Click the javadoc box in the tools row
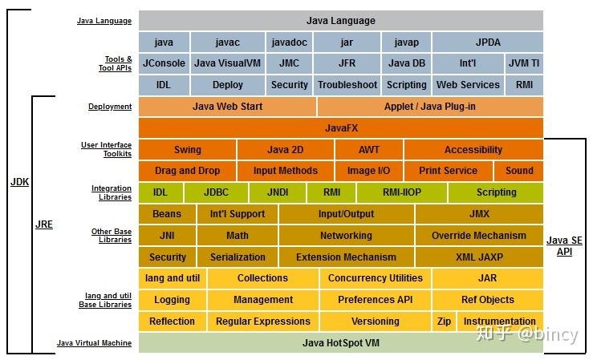click(288, 42)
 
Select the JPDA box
click(487, 42)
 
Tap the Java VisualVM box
click(228, 63)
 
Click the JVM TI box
click(524, 63)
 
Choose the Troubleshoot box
click(347, 84)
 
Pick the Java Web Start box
click(227, 106)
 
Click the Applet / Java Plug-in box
click(429, 106)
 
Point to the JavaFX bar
click(341, 127)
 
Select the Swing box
click(188, 149)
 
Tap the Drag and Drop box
click(187, 171)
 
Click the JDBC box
click(216, 192)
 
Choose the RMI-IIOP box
click(401, 192)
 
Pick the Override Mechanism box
click(478, 236)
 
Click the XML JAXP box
click(478, 257)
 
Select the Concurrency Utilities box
click(375, 278)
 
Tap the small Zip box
click(444, 322)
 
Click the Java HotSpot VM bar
click(341, 343)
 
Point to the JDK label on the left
click(19, 182)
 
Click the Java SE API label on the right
click(565, 245)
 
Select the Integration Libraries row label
click(112, 192)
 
